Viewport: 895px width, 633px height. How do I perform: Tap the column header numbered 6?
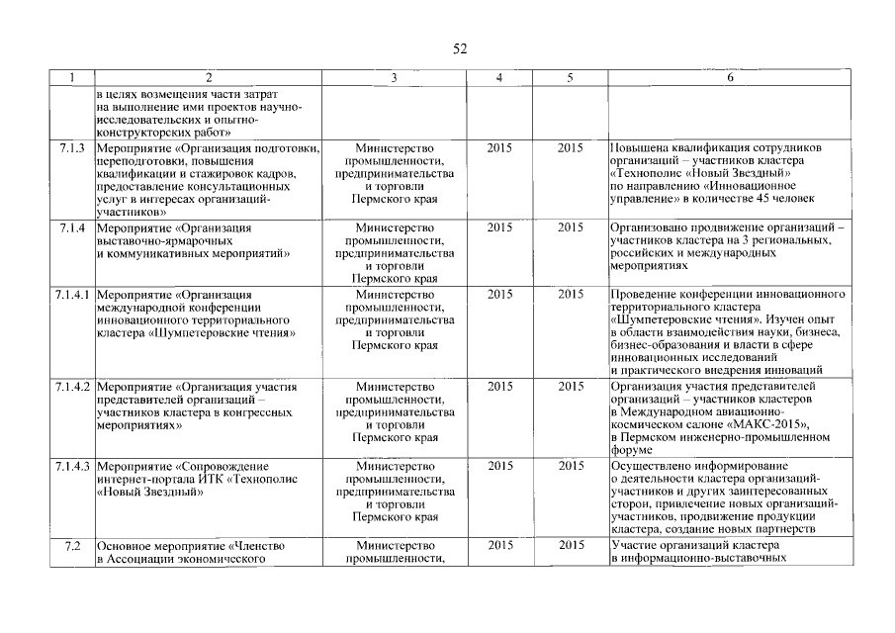coord(729,77)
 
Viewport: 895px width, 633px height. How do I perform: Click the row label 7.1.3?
coord(72,148)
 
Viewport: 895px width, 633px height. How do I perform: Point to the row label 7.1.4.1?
coord(72,295)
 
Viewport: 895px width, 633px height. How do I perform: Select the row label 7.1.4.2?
coord(72,386)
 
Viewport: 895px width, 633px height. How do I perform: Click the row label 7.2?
coord(72,545)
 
